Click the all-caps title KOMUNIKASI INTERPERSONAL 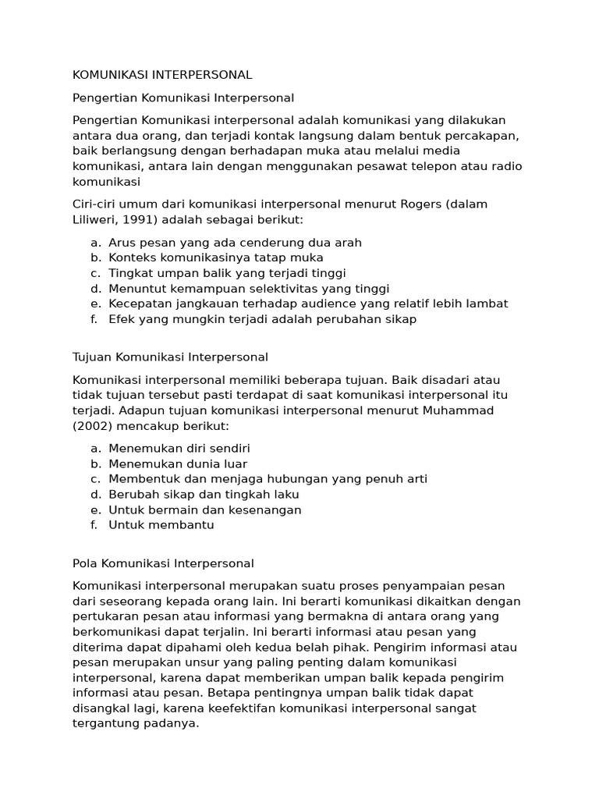162,75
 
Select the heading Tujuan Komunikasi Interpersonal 170,357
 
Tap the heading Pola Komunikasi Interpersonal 163,563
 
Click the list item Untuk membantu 161,525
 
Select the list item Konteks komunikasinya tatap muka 215,257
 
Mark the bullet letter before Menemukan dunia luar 95,463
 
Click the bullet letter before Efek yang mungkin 94,319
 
